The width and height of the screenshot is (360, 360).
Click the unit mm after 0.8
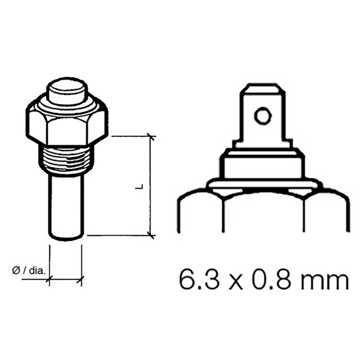[x=319, y=282]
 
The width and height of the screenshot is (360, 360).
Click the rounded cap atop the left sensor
[x=65, y=92]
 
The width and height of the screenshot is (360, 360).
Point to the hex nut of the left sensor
[x=65, y=123]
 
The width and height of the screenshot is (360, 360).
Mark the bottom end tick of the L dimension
[x=151, y=236]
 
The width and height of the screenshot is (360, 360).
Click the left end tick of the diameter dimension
[x=50, y=280]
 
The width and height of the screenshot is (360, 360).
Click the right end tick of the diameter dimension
[x=81, y=280]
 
